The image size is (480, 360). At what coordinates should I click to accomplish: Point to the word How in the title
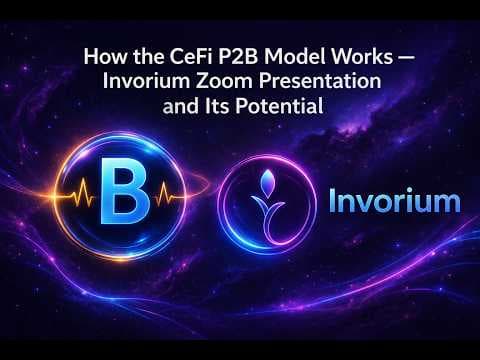[105, 56]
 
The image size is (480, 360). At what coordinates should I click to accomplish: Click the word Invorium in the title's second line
[146, 81]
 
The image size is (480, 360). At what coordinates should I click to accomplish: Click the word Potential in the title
[279, 106]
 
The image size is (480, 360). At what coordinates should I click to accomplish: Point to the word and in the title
[181, 106]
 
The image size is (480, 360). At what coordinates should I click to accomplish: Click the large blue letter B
[125, 191]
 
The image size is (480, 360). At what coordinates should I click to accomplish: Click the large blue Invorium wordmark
[395, 200]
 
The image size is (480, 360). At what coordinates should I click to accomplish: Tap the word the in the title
[148, 56]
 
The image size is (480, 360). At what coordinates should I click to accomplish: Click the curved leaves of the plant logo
[268, 204]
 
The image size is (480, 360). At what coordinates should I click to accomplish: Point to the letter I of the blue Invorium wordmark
[333, 200]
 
